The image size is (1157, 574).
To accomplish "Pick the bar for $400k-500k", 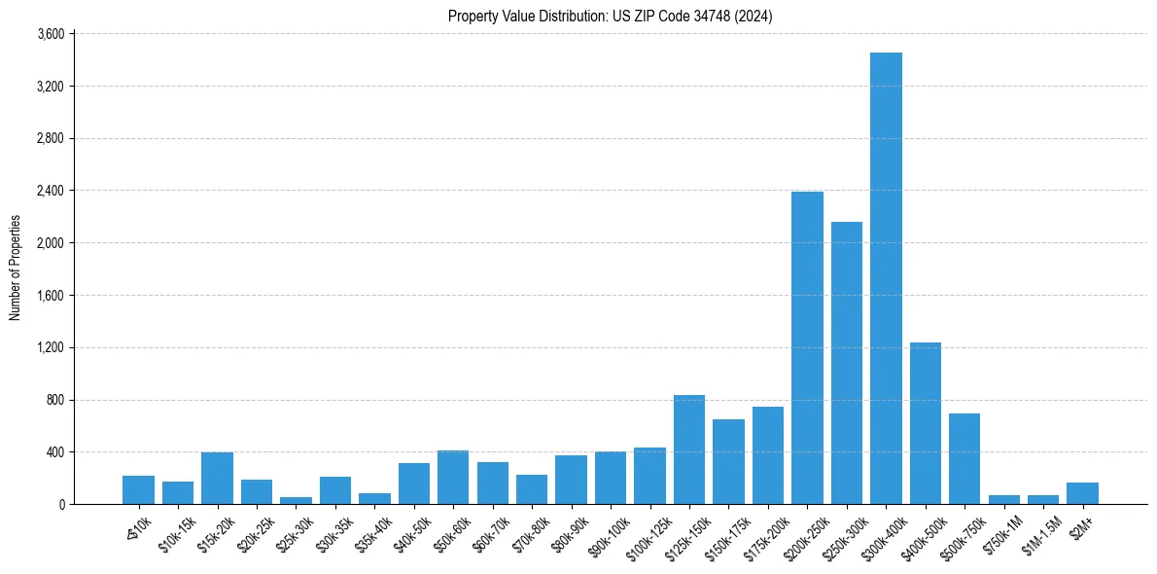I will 925,423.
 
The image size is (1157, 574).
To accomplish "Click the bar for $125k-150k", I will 689,449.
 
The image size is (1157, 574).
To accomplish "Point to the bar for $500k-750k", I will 964,458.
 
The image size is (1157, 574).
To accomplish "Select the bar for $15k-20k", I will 217,478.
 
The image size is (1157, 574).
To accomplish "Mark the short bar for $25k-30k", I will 296,500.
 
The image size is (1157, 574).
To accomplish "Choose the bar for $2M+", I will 1082,493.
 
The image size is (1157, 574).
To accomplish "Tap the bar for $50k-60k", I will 453,477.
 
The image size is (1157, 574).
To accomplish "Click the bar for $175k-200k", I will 768,455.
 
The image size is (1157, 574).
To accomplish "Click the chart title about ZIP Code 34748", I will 610,16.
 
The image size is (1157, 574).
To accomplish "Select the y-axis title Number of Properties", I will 15,268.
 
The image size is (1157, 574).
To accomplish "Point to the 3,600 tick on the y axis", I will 50,34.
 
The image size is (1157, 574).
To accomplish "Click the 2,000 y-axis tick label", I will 50,243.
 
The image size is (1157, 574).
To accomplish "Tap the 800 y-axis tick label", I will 54,400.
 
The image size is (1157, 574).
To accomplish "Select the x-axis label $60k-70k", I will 489,529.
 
